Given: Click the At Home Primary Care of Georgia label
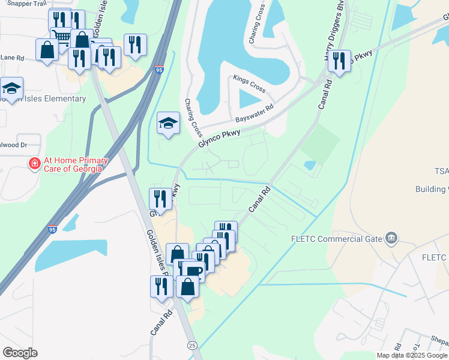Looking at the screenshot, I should click(76, 164).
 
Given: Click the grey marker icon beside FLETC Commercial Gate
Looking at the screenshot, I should click(391, 239).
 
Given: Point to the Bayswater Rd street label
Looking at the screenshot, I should click(255, 111).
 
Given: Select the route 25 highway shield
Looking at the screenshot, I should click(192, 345).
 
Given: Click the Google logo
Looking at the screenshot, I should click(20, 353).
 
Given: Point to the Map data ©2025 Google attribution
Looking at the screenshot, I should click(412, 355).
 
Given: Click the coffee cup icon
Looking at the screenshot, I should click(193, 271).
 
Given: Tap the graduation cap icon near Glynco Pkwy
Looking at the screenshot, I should click(169, 123).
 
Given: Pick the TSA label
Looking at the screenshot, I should click(441, 171).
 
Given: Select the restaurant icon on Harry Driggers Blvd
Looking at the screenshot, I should click(339, 61).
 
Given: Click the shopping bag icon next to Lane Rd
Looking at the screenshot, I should click(47, 50).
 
